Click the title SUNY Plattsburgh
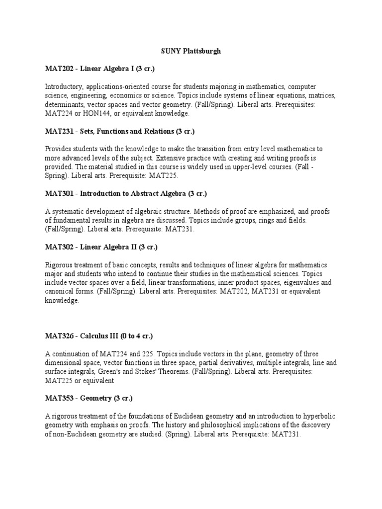pos(190,51)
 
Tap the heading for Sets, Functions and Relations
pos(119,131)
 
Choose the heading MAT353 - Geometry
pos(89,398)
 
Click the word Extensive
pos(182,158)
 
